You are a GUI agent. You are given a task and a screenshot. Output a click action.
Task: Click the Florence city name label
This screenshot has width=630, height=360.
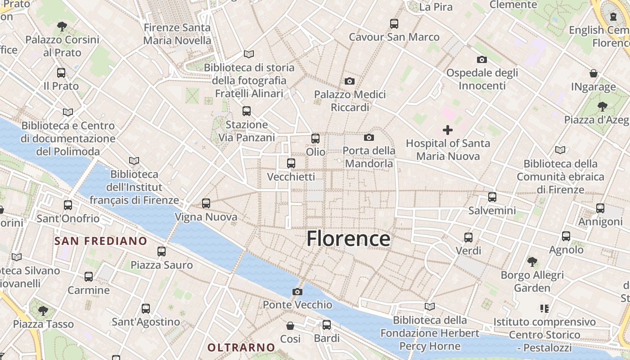tap(348, 238)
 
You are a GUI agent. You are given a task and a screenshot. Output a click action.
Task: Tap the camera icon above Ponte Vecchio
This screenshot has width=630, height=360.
tap(297, 292)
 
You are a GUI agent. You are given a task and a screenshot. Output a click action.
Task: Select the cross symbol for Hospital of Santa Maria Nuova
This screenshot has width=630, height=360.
tap(448, 130)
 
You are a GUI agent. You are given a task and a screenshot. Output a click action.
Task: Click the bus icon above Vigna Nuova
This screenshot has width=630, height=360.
tap(206, 203)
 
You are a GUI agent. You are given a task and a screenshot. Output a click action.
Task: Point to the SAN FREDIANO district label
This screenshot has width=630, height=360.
tap(101, 241)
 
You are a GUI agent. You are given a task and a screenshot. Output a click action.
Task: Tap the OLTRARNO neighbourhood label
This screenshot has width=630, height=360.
tap(241, 347)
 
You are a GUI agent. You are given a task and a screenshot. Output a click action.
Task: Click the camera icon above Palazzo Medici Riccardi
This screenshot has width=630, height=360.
tap(349, 81)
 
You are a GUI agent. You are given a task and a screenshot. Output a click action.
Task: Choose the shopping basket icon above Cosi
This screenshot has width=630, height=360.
tap(290, 325)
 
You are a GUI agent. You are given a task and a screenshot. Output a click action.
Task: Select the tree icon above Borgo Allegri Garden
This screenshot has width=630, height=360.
tap(532, 261)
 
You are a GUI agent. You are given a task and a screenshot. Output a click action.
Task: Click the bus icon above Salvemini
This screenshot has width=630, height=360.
tap(492, 197)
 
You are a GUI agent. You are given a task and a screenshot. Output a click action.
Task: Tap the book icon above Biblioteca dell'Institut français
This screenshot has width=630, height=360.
tap(134, 161)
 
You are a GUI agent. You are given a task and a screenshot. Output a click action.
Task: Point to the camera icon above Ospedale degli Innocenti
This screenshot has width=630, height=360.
tap(482, 59)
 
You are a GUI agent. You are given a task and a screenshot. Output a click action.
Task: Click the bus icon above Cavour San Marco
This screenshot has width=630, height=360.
tap(394, 23)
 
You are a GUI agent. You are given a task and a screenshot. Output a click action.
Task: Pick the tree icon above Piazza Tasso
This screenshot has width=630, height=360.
tap(43, 310)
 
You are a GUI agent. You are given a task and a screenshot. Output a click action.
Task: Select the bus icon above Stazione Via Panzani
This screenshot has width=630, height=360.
tap(246, 111)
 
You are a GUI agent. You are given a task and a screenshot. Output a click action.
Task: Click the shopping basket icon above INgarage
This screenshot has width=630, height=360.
tap(594, 73)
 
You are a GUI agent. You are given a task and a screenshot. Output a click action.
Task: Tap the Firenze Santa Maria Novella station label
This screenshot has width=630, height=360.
tap(177, 34)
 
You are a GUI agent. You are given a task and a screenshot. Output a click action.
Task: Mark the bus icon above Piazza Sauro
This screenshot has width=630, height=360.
tap(162, 252)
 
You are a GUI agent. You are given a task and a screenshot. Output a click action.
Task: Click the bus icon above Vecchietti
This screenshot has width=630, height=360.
tap(291, 163)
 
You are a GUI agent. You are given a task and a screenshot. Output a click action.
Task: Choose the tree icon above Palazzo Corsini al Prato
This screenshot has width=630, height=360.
tap(62, 27)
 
